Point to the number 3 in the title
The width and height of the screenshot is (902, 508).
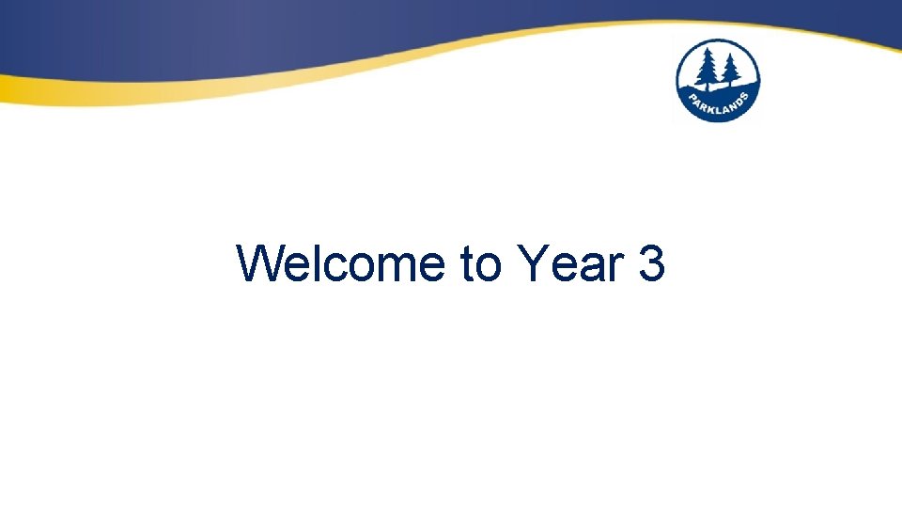(x=651, y=264)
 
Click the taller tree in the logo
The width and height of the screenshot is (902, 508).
(x=708, y=69)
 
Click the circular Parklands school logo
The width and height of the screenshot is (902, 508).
(x=718, y=81)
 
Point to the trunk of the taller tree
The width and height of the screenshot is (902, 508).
(x=708, y=87)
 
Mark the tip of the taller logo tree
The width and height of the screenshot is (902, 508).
(x=708, y=48)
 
